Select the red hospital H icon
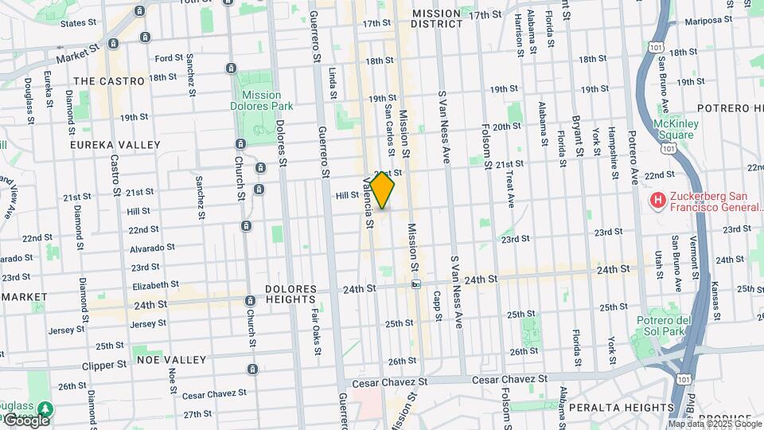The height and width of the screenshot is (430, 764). [658, 199]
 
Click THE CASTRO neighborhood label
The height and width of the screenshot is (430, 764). [109, 81]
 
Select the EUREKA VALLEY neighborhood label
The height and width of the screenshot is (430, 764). [115, 145]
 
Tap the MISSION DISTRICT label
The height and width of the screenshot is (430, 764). [436, 18]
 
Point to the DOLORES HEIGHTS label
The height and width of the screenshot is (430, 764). [291, 295]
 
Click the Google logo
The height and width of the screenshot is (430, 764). [26, 420]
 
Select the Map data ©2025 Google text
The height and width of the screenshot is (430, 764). [714, 424]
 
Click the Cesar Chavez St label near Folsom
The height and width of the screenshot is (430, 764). [509, 380]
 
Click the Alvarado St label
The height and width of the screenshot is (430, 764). [153, 248]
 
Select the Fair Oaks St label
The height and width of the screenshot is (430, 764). [316, 329]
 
